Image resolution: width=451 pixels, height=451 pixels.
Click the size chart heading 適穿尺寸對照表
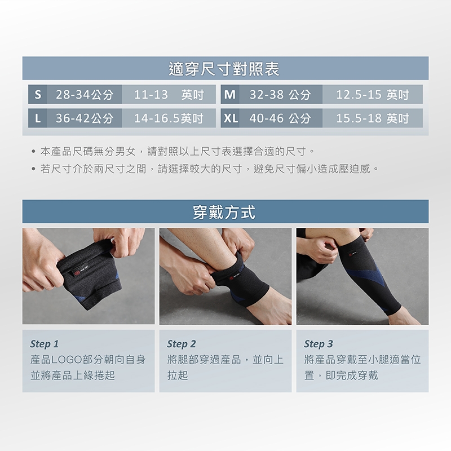(224, 69)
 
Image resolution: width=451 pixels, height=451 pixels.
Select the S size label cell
(38, 94)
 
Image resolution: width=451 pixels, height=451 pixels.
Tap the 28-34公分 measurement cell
(85, 94)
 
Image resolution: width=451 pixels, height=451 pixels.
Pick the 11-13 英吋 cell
(169, 94)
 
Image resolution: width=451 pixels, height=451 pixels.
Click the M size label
(230, 94)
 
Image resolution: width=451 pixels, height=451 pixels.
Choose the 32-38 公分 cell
(280, 94)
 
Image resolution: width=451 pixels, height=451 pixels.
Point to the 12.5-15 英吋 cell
(373, 94)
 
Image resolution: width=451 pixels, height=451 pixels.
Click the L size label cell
(38, 118)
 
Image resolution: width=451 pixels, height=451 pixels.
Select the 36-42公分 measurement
(85, 118)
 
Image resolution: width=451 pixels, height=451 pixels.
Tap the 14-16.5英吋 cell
(169, 118)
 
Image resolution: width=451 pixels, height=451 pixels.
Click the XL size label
(230, 118)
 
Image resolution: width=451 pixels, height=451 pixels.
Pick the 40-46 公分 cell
(280, 118)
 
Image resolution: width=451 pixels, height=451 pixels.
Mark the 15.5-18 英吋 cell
(373, 118)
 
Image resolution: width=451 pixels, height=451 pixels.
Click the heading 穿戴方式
(224, 213)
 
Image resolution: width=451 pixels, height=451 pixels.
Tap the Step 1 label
(45, 344)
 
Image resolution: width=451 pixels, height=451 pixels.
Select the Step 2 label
(181, 344)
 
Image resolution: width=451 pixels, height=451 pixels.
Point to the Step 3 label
(319, 344)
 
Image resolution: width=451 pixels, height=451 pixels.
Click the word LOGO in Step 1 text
(67, 360)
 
